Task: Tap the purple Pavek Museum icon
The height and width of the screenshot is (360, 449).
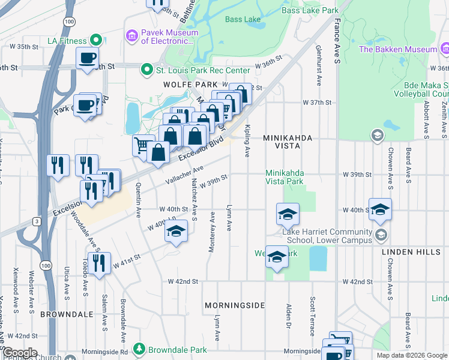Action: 131,36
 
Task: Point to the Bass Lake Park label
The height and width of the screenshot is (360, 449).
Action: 310,10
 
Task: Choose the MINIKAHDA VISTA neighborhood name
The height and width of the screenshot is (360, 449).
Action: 288,138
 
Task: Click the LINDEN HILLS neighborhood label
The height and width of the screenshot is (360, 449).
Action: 411,252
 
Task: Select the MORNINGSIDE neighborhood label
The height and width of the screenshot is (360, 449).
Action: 234,305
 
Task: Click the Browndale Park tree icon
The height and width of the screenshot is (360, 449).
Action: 139,348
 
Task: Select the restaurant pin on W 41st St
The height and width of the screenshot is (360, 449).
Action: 98,262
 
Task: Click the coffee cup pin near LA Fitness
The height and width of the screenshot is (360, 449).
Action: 88,58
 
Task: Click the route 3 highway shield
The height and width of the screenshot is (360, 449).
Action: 37,221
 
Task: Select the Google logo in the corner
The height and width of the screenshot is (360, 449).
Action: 20,353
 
